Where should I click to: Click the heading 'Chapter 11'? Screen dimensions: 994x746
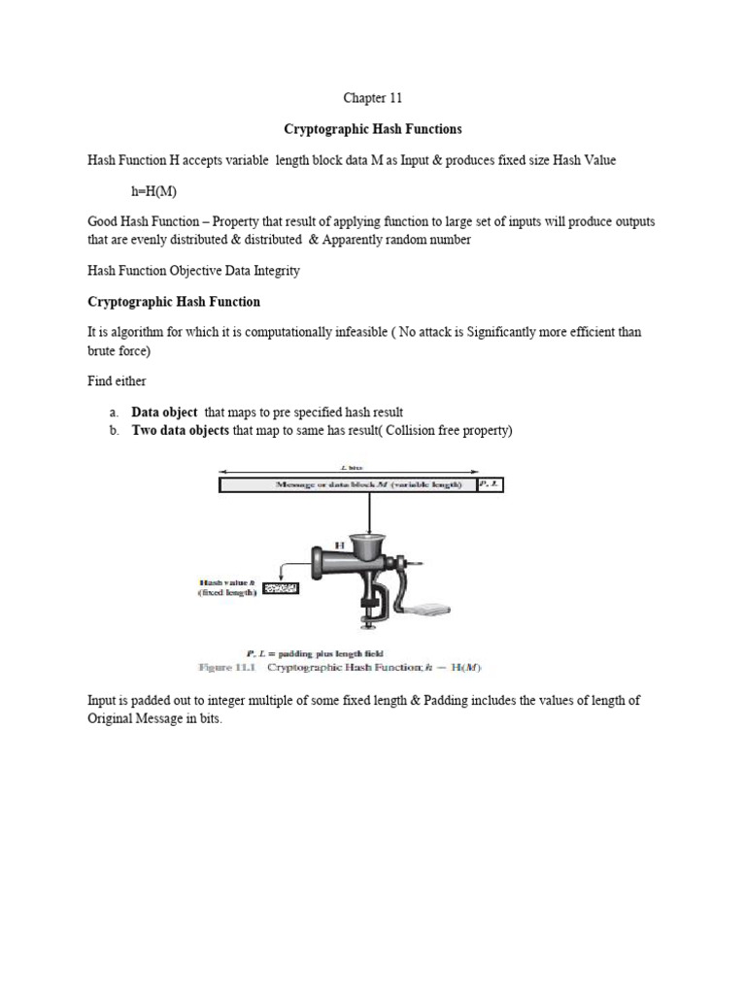(x=372, y=98)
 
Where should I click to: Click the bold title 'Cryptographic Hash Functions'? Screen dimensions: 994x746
(x=372, y=128)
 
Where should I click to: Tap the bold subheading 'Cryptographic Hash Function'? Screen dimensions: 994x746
(x=174, y=302)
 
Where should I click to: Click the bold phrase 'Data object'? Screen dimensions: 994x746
(x=164, y=413)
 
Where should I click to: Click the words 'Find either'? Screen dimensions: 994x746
(x=119, y=381)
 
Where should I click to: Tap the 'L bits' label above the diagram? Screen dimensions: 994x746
(x=350, y=468)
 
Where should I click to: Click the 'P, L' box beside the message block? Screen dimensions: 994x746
(x=492, y=483)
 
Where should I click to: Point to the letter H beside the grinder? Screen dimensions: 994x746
(x=340, y=547)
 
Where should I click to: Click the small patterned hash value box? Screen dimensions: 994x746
(x=279, y=587)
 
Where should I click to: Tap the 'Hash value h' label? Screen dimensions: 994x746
(x=226, y=581)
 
